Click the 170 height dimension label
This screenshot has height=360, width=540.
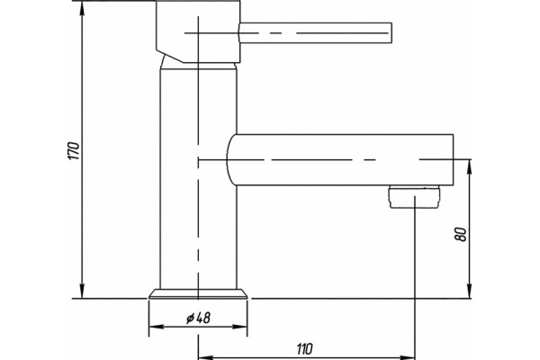[x=74, y=150]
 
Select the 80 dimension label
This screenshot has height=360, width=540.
[x=461, y=234]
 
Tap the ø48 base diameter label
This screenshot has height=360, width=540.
[x=198, y=318]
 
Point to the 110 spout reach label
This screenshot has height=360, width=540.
[x=304, y=349]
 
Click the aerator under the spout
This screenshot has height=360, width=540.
[x=415, y=197]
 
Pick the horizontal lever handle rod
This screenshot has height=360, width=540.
[x=316, y=33]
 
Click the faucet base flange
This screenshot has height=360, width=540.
[x=198, y=293]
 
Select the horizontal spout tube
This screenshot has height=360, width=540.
[x=340, y=160]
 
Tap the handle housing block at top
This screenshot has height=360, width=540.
[x=198, y=31]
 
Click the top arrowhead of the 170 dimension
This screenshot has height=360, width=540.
[x=82, y=7]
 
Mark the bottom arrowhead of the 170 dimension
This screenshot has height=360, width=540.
[x=82, y=292]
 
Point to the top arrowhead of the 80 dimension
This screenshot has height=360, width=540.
[x=469, y=166]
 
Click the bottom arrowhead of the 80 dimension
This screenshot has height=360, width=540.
[x=469, y=292]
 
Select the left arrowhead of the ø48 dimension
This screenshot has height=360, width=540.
[x=156, y=326]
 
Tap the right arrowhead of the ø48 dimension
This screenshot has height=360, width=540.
[x=240, y=326]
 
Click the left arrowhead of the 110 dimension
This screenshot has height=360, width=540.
[x=206, y=357]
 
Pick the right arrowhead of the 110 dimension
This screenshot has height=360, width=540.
[x=408, y=357]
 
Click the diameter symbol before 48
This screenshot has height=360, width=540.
[x=191, y=318]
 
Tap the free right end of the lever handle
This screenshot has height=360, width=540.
[x=391, y=33]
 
